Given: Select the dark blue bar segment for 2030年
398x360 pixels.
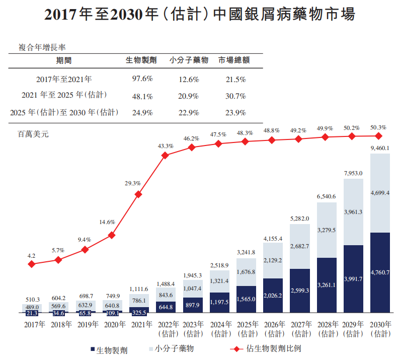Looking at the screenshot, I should pos(380,272).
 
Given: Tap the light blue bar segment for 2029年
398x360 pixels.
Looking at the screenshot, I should pos(353,211).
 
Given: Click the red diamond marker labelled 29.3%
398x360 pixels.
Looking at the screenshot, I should pos(138,194).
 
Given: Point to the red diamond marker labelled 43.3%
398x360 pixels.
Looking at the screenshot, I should pos(165,156).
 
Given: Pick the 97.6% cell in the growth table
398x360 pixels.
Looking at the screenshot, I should pos(142,79).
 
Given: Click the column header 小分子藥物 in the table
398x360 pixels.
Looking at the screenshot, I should pos(189,60).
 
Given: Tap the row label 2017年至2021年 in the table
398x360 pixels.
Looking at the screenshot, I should pos(64,79).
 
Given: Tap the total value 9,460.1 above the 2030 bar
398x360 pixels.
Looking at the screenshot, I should pos(380,148).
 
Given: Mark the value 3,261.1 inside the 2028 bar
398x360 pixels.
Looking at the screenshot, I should pos(327,285).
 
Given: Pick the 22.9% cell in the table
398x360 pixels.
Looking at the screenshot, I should pos(189,112).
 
